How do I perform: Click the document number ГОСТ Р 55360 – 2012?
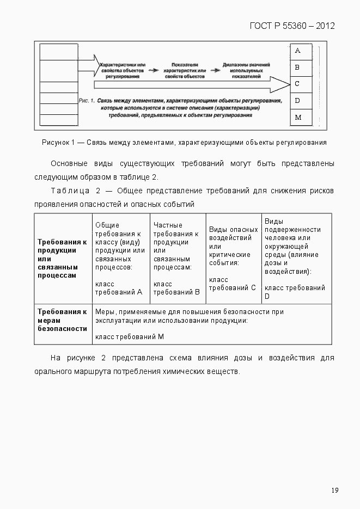pyautogui.click(x=292, y=26)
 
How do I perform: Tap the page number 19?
pyautogui.click(x=334, y=490)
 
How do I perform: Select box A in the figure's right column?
pyautogui.click(x=297, y=51)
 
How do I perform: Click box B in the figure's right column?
pyautogui.click(x=297, y=68)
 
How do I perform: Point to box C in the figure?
pyautogui.click(x=297, y=84)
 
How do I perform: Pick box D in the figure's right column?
pyautogui.click(x=297, y=101)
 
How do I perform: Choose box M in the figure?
pyautogui.click(x=297, y=118)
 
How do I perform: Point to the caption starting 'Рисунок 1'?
pyautogui.click(x=184, y=143)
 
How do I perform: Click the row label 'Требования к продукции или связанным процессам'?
pyautogui.click(x=62, y=258)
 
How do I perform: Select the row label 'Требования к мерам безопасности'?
pyautogui.click(x=62, y=320)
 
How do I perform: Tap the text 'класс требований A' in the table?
pyautogui.click(x=118, y=288)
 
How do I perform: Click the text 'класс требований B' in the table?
pyautogui.click(x=176, y=288)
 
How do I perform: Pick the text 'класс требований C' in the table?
pyautogui.click(x=232, y=284)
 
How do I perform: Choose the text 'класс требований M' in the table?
pyautogui.click(x=130, y=337)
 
